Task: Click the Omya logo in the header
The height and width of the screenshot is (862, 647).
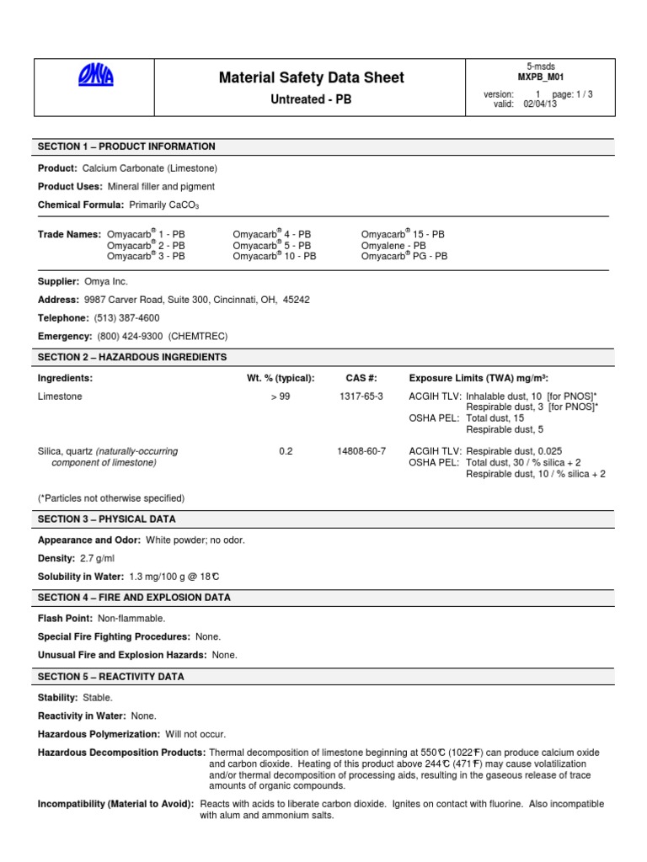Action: [95, 78]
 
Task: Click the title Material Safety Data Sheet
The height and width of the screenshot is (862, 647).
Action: [311, 77]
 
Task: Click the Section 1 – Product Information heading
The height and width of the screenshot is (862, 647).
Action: [126, 146]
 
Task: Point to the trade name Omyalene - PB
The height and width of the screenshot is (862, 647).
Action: [393, 245]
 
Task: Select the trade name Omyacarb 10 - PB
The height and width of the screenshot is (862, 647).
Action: [274, 256]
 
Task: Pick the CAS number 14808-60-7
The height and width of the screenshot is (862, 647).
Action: [361, 451]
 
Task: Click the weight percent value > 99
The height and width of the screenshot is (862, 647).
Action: [280, 396]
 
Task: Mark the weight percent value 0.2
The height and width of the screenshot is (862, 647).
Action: [286, 451]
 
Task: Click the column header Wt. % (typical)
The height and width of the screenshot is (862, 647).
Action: [280, 378]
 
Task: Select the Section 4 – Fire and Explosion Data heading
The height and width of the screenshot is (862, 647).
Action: [134, 598]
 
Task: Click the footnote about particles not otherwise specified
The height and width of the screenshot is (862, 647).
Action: [111, 498]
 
